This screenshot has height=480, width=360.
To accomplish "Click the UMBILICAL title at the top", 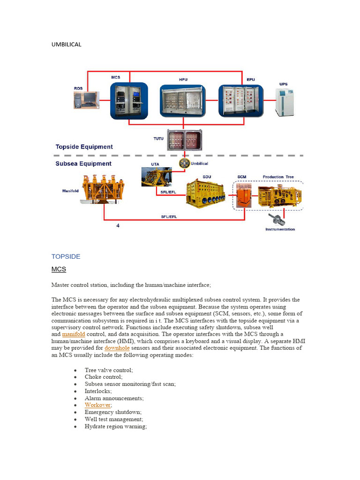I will tap(66, 45).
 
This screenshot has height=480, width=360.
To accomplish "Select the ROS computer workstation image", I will tap(85, 100).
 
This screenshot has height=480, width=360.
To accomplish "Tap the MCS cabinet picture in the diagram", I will tap(129, 100).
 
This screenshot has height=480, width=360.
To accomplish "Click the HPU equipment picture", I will tap(182, 101).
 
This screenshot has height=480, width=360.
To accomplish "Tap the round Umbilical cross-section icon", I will tap(184, 163).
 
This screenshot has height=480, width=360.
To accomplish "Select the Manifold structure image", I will tap(102, 189).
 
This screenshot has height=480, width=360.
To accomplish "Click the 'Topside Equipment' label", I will tap(84, 147).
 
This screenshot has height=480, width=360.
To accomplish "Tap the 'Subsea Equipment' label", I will tap(83, 164).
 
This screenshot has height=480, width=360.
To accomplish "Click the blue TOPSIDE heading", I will tap(66, 256).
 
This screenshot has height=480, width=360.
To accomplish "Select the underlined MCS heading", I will tap(59, 270).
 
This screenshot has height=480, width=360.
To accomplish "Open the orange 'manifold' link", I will tap(74, 334).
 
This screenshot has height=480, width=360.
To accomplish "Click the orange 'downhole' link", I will tap(117, 348).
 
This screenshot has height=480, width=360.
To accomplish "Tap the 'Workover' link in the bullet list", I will tap(97, 405).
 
